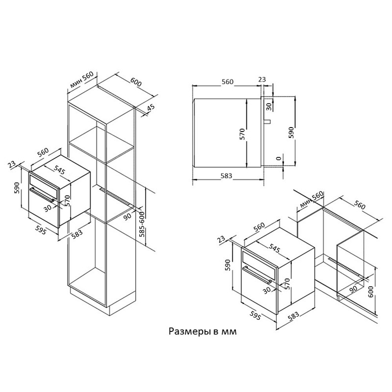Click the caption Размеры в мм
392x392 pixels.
tap(203, 332)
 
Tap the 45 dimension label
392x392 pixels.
tap(151, 108)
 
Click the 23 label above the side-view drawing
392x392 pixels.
tap(262, 80)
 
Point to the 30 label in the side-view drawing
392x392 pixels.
tap(269, 106)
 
